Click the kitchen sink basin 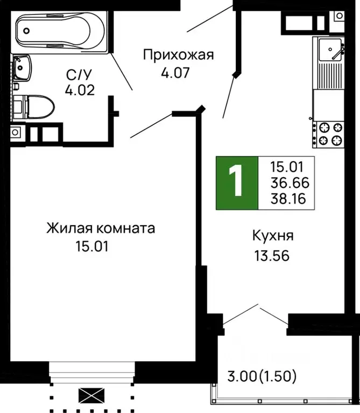point(328,51)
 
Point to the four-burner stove point(328,134)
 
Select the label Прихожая point(178,54)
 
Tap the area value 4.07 point(176,72)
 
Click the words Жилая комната point(101,228)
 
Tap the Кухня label point(272,236)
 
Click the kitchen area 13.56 point(272,255)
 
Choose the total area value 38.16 point(290,199)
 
